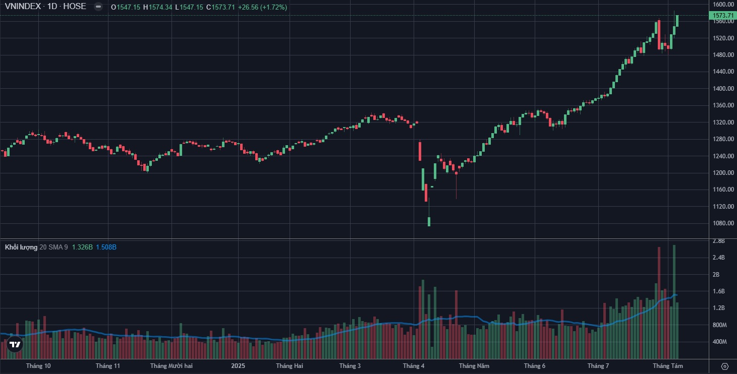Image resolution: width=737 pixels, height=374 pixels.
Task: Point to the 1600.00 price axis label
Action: click(722, 5)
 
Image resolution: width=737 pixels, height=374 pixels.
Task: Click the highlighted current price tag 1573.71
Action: click(722, 16)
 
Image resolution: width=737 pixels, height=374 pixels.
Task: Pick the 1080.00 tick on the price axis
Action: click(722, 223)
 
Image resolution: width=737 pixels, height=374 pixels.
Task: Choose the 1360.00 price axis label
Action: click(722, 105)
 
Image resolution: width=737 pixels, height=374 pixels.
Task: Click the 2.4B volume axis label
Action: click(718, 258)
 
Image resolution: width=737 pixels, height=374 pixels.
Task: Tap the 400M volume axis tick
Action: click(718, 342)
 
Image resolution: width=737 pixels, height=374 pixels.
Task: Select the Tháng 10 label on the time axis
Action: click(38, 365)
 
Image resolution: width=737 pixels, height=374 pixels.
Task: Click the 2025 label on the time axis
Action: click(238, 365)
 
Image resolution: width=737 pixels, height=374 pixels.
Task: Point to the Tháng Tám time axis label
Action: click(668, 365)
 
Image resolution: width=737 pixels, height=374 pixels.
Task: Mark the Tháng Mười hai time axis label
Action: click(172, 365)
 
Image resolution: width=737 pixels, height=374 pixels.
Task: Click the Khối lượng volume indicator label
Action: click(21, 247)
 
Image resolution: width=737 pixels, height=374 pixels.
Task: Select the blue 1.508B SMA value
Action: click(106, 247)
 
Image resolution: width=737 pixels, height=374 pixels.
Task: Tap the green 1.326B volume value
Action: click(82, 247)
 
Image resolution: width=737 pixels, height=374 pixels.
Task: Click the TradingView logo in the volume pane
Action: click(15, 344)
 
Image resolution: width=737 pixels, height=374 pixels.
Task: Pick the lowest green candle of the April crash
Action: click(429, 221)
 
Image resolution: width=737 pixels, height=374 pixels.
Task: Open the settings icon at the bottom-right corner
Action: click(725, 366)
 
